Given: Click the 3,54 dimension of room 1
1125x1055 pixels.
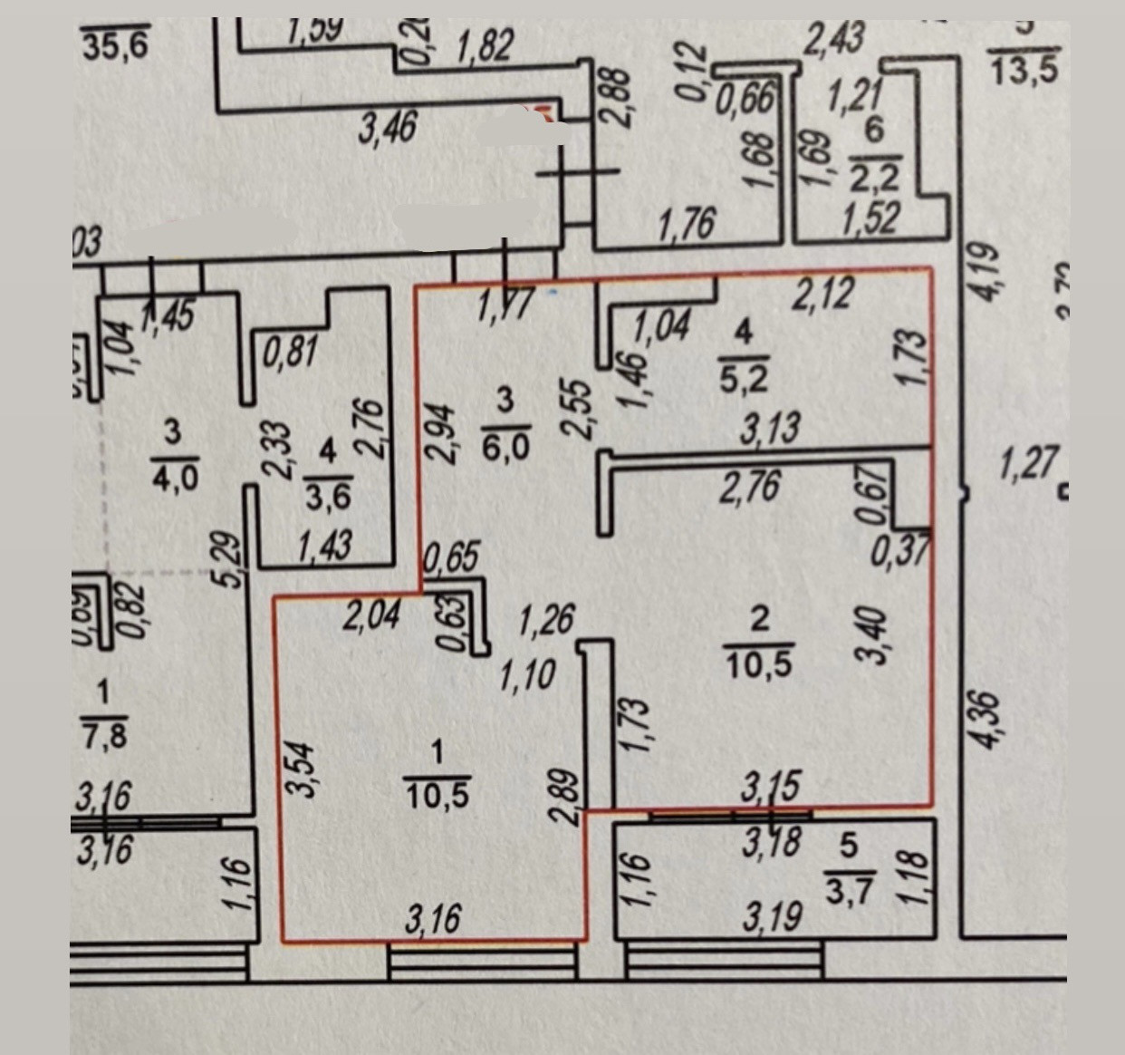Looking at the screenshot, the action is pyautogui.click(x=305, y=769).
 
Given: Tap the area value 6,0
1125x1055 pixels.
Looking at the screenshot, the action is pyautogui.click(x=505, y=445).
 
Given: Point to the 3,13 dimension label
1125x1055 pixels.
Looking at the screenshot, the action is pyautogui.click(x=769, y=427).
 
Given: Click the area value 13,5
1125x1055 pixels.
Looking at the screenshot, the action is pyautogui.click(x=1024, y=70).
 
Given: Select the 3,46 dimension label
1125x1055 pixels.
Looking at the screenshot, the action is pyautogui.click(x=387, y=128).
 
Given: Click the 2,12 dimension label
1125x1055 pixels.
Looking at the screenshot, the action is pyautogui.click(x=822, y=294).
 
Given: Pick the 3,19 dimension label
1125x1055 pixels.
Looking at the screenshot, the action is pyautogui.click(x=772, y=917).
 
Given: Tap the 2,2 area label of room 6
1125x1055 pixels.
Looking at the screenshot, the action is pyautogui.click(x=875, y=178).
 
